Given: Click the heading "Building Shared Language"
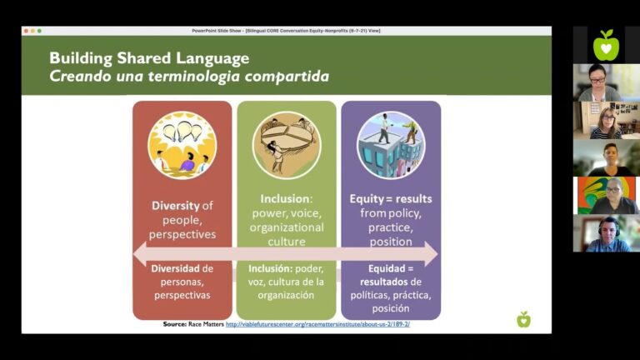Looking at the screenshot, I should pos(149,58).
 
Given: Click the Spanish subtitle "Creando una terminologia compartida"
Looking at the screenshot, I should pos(189,77).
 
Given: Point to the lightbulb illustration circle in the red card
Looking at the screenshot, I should pos(182,145).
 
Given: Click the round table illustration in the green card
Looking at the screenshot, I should pos(287,145).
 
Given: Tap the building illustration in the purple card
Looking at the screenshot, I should pos(391,145).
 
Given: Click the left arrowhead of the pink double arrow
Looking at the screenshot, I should pos(141,253).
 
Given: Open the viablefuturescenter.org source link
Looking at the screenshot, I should pos(317,324).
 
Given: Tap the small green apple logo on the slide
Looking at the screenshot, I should pos(523,319).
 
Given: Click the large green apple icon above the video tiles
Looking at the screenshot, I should pos(606,45).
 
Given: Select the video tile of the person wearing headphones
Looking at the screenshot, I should pos(606,234).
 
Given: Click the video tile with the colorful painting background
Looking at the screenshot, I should pos(606,196).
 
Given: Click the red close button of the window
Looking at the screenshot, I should pos(26,31).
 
